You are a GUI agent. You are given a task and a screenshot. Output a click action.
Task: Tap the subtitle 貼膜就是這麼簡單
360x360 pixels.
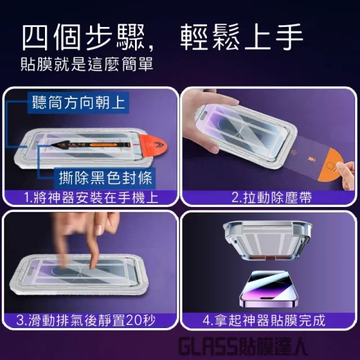[87, 64]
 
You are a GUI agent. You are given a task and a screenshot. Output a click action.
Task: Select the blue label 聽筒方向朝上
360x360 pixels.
[78, 102]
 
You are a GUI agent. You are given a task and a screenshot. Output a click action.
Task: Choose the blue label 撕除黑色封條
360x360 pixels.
[105, 178]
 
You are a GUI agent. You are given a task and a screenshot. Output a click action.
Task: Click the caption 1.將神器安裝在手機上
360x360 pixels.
[91, 197]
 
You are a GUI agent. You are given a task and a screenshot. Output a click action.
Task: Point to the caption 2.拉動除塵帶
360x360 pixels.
[271, 197]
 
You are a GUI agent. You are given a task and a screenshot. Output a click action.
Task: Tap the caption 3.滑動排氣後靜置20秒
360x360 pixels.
[86, 320]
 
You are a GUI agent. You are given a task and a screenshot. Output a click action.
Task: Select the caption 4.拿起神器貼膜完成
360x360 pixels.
[264, 320]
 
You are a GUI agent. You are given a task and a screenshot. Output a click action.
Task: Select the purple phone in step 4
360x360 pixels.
[268, 289]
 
